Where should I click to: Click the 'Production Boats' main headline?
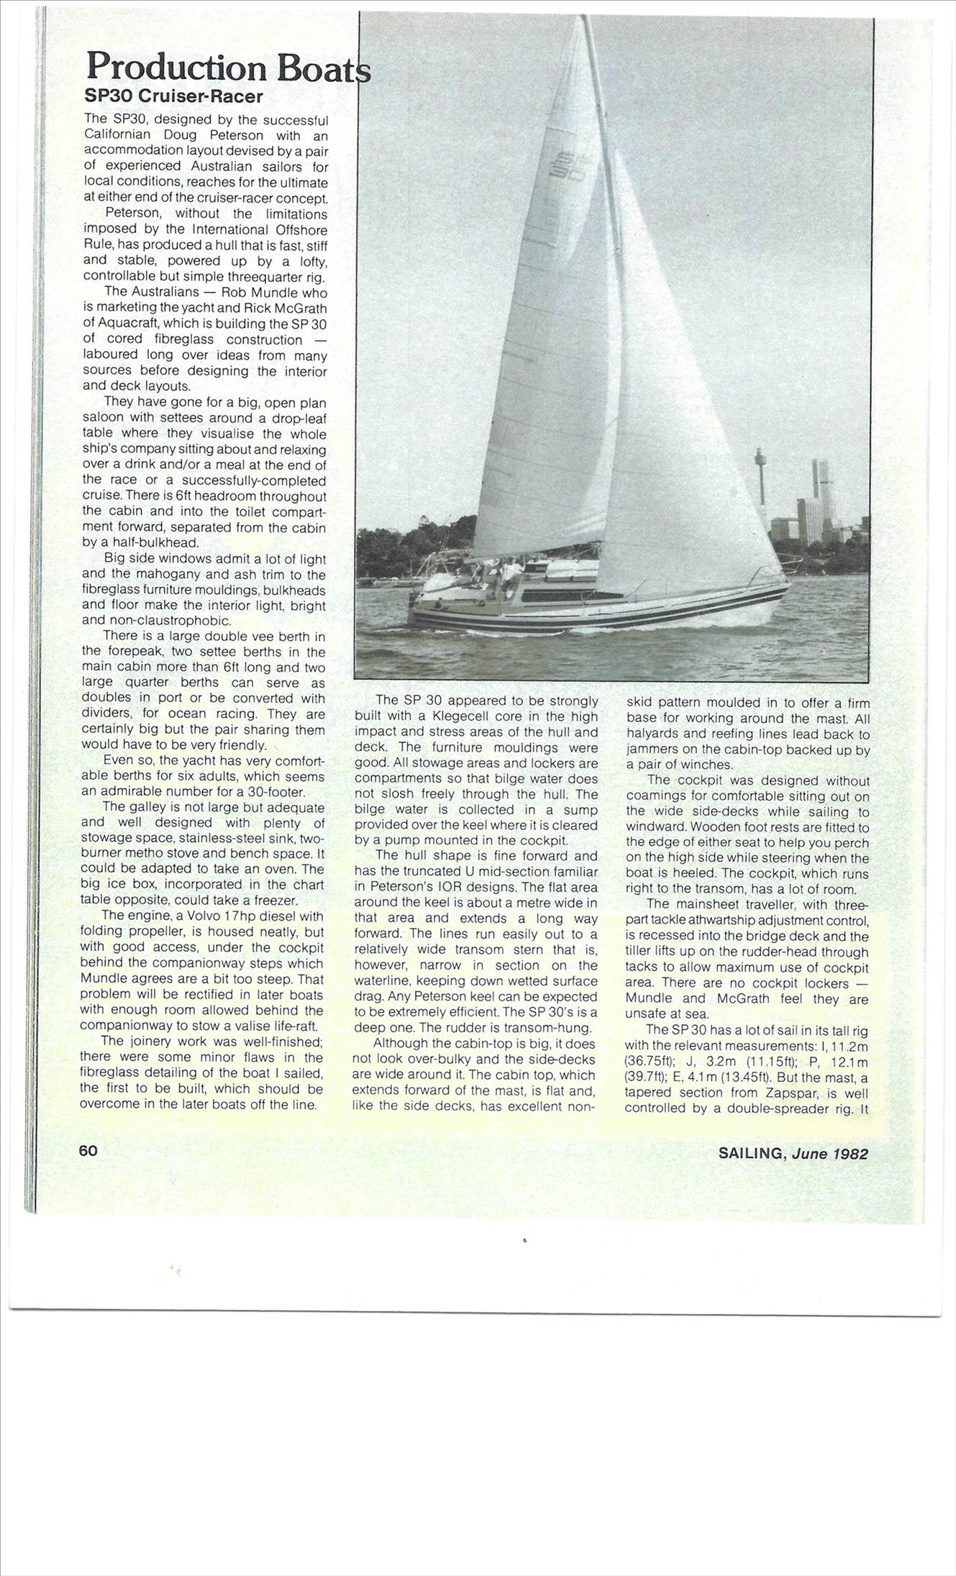pyautogui.click(x=227, y=68)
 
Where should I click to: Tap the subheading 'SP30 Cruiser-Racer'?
pyautogui.click(x=174, y=97)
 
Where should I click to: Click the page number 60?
pyautogui.click(x=88, y=1150)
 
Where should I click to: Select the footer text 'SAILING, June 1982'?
pyautogui.click(x=793, y=1154)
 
